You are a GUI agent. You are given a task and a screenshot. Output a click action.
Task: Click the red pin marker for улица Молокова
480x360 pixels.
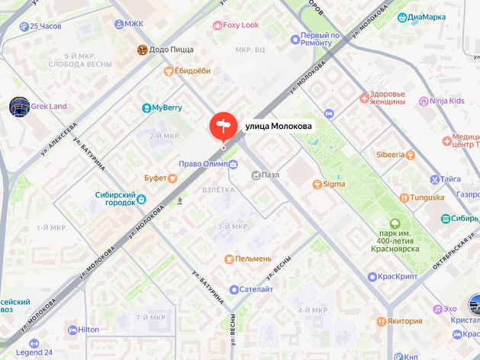(223, 126)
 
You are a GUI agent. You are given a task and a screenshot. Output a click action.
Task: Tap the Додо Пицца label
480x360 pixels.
(165, 50)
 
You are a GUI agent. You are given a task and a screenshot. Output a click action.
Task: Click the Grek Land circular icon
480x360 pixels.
(19, 107)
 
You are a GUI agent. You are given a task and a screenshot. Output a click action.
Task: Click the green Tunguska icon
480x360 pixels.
(404, 198)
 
